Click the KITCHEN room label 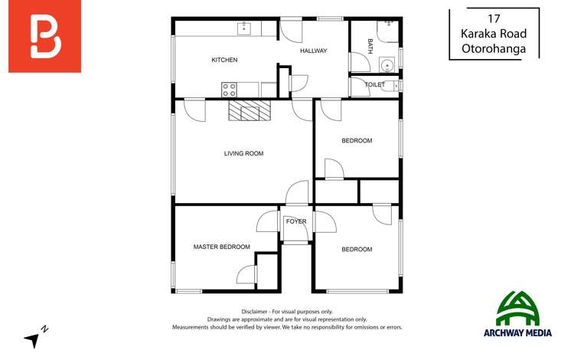tap(224, 60)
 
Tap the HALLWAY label tap(313, 51)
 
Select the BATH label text tap(370, 45)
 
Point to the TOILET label tap(374, 84)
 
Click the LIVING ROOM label tap(243, 153)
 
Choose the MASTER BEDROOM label tap(221, 247)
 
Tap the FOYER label tap(296, 221)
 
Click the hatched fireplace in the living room tap(249, 111)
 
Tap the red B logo tap(44, 37)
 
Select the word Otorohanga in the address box tap(494, 48)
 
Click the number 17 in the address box tap(494, 18)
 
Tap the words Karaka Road tap(494, 33)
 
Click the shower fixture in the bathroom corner tap(391, 29)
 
